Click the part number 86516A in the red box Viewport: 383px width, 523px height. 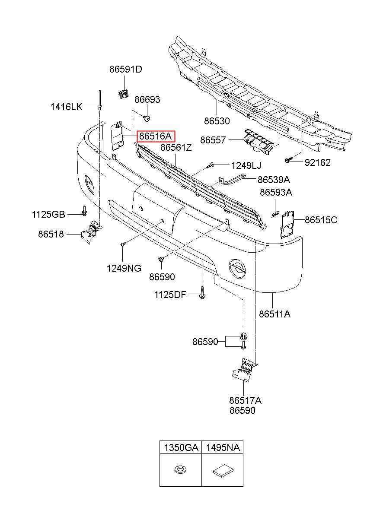coord(155,136)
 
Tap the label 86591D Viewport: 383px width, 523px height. coord(126,70)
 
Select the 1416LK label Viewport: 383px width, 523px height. coord(67,107)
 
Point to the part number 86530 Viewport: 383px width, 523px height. coord(217,121)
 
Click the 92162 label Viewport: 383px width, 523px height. coord(318,162)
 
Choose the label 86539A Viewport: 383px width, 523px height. coord(274,180)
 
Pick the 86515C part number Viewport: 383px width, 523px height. coord(321,220)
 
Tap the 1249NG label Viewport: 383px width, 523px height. coord(124,268)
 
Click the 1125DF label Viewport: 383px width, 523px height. coord(170,295)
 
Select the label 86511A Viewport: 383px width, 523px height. coord(274,314)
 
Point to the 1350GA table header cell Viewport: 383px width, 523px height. coord(181,447)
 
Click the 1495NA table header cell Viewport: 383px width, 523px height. coord(223,447)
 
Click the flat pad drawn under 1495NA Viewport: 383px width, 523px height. coord(223,470)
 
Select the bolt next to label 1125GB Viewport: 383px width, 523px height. coord(84,210)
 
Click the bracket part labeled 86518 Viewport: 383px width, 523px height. coord(92,232)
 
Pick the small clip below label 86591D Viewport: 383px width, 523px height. coord(123,94)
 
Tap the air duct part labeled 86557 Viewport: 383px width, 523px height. coord(259,142)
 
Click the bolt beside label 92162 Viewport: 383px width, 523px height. coord(289,160)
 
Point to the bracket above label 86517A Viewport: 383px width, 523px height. coord(245,371)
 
